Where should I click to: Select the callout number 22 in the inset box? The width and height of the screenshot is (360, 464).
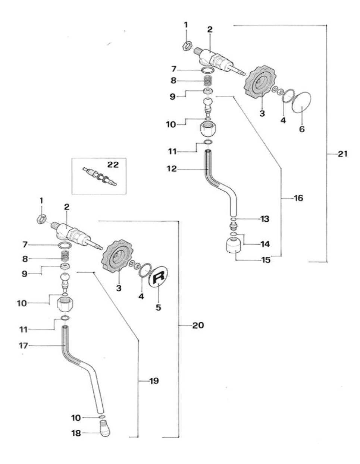[113, 164]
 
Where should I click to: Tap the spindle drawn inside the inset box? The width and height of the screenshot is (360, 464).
[100, 176]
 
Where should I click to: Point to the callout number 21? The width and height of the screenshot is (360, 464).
[342, 154]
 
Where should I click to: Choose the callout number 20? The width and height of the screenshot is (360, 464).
[198, 325]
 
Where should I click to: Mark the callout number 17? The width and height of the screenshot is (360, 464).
[23, 346]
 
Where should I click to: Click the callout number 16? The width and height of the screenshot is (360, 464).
[298, 198]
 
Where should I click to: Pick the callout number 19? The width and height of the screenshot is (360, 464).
[154, 381]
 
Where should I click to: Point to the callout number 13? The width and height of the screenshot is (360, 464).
[264, 219]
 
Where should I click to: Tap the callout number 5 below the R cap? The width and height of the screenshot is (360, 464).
[158, 308]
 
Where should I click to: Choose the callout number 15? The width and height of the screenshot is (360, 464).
[266, 260]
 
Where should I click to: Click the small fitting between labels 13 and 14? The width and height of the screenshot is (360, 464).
[233, 225]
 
